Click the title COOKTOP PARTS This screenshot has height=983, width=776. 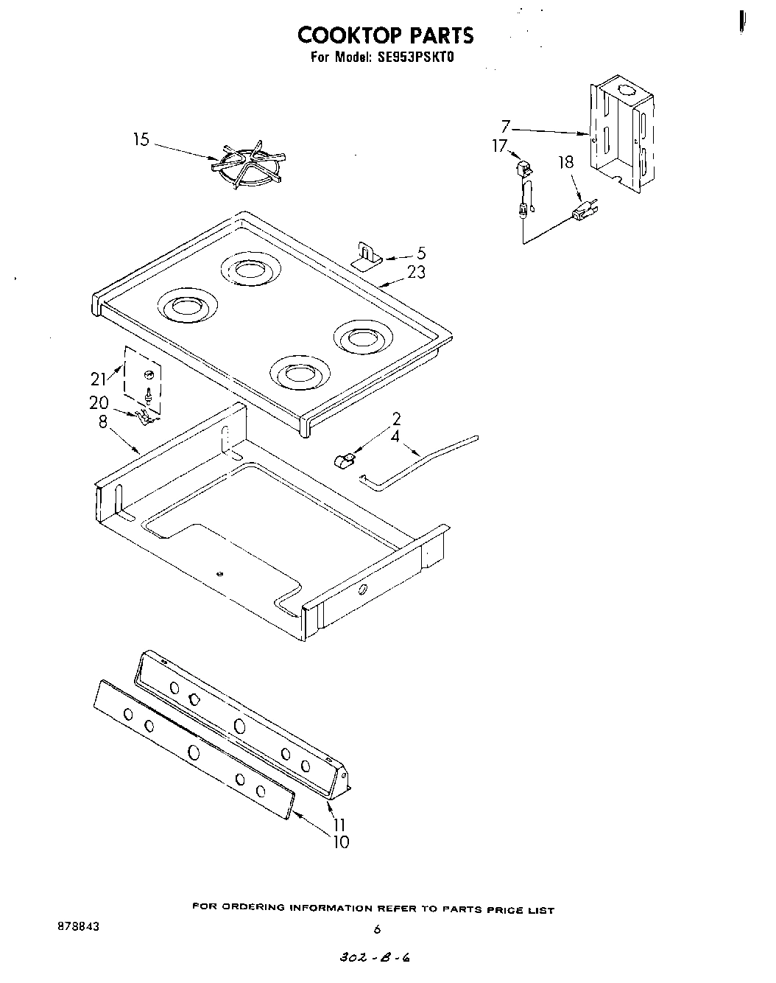(x=385, y=35)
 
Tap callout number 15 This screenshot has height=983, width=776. (x=141, y=139)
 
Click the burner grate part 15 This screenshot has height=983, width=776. (x=247, y=167)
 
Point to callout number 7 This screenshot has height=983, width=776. (x=506, y=127)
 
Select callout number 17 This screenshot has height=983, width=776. (x=500, y=147)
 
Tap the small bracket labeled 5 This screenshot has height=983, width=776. (x=366, y=254)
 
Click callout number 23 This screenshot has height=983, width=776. (x=416, y=272)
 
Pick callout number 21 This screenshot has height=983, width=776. (x=99, y=379)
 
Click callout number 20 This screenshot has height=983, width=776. (x=99, y=402)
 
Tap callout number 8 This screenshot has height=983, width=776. (x=102, y=421)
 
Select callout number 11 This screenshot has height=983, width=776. (x=339, y=825)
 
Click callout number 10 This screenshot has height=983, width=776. (x=341, y=842)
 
